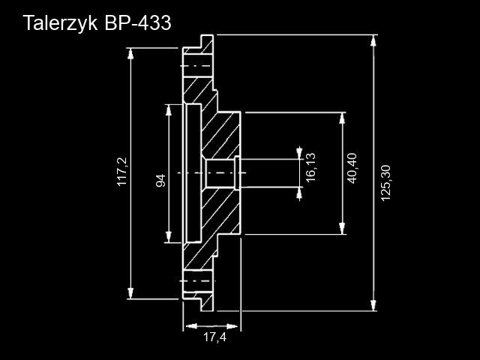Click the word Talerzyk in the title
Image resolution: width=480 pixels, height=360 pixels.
tap(60, 23)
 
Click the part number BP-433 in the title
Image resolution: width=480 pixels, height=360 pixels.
tap(137, 22)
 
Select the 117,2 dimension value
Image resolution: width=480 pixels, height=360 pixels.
tap(122, 172)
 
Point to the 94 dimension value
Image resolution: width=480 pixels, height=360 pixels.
tap(160, 180)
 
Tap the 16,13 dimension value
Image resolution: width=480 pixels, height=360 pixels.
tap(310, 167)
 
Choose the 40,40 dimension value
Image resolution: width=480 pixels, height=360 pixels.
tap(352, 168)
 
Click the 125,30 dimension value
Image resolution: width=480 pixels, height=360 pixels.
tap(385, 183)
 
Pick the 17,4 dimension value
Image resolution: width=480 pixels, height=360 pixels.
tap(215, 337)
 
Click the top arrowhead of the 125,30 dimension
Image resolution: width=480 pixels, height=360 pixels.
tap(373, 40)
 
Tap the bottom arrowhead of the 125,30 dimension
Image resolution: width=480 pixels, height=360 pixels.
tap(373, 305)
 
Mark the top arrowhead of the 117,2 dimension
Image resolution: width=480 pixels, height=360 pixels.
tap(130, 53)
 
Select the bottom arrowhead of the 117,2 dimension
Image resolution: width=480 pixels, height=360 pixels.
tap(130, 293)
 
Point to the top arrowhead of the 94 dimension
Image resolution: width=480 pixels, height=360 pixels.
tap(168, 110)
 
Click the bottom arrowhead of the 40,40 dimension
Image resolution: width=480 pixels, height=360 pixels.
tap(342, 229)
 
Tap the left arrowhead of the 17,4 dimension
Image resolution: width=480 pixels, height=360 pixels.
tap(191, 326)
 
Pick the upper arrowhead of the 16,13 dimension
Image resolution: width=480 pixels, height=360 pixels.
tap(299, 154)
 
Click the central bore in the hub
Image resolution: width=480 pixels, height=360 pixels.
tap(221, 173)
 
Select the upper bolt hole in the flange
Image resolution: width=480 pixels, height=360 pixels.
tap(198, 66)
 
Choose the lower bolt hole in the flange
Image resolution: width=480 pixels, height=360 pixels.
tap(198, 281)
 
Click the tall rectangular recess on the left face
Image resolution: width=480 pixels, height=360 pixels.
tap(193, 173)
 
